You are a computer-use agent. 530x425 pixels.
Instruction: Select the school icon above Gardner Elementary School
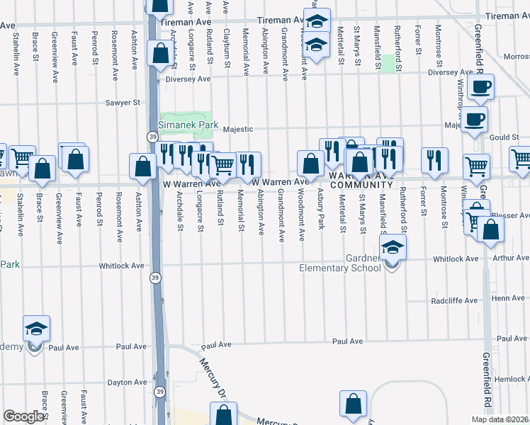(391, 248)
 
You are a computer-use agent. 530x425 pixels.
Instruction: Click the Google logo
(23, 416)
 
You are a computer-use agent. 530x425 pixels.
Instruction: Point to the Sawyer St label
(123, 103)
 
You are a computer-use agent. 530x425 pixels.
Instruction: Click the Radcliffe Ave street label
(454, 300)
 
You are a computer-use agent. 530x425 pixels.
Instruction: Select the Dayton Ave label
(127, 382)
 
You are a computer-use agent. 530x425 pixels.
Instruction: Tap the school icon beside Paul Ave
(37, 329)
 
